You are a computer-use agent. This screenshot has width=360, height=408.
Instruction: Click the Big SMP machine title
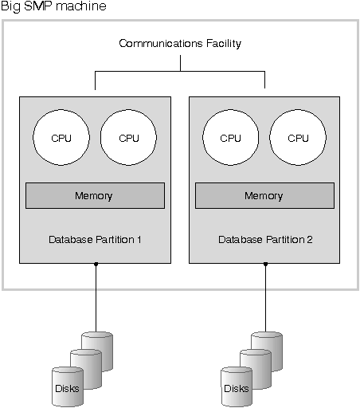53,6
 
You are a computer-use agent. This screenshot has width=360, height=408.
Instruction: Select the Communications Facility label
180,44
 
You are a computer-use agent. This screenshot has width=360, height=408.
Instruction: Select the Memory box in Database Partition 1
95,195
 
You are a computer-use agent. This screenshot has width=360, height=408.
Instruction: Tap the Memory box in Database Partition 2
264,195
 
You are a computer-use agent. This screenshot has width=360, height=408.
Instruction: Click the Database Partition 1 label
95,240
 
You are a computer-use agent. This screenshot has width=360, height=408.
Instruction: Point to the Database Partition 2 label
265,240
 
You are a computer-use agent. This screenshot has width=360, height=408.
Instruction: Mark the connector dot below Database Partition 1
96,264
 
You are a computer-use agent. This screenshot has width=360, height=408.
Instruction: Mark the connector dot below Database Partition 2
265,264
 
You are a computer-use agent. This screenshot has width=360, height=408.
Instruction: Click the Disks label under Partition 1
67,389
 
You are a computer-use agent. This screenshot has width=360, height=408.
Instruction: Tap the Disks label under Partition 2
237,389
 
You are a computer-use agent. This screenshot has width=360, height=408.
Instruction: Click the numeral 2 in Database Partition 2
310,240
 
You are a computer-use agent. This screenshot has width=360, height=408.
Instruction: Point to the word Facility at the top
224,44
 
